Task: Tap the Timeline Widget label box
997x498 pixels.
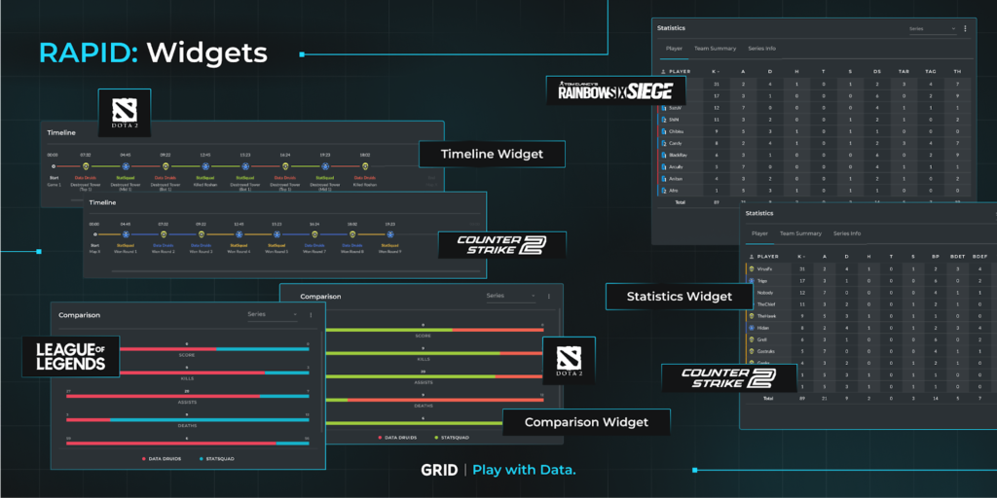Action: pyautogui.click(x=492, y=154)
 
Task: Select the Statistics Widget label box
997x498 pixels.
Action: pyautogui.click(x=679, y=296)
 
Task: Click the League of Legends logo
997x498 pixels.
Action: pyautogui.click(x=72, y=355)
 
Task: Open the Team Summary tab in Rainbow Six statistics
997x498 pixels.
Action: pyautogui.click(x=715, y=48)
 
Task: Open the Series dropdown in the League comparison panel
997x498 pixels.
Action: pyautogui.click(x=272, y=315)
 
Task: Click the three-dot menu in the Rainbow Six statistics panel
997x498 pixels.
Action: pyautogui.click(x=965, y=29)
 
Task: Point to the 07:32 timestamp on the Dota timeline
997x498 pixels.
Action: pyautogui.click(x=86, y=154)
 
